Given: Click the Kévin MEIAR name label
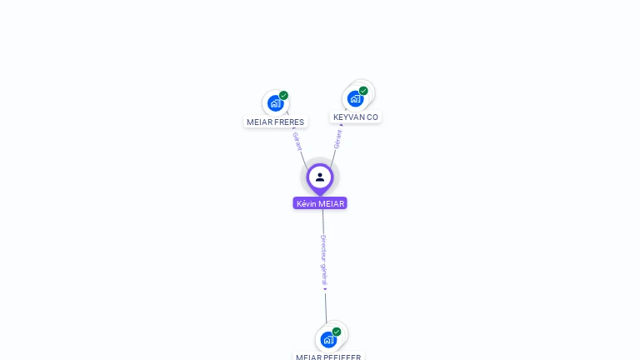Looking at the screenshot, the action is [320, 203].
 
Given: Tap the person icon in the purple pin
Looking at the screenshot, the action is [320, 177].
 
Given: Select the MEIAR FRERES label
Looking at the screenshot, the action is [275, 122].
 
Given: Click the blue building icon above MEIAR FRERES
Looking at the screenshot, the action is [274, 103].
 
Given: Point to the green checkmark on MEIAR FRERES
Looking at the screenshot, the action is [283, 96].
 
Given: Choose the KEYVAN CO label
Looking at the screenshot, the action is [356, 117].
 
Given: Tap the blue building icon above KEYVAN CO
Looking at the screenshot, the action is [355, 98].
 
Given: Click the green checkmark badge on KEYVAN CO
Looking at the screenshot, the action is [363, 91].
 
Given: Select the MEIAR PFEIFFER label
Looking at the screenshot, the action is [328, 357].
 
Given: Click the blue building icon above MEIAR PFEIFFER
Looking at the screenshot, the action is [328, 339].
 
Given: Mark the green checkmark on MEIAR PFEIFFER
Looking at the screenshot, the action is [337, 332].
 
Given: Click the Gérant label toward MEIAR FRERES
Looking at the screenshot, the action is [297, 141].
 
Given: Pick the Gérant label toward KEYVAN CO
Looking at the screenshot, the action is [337, 139].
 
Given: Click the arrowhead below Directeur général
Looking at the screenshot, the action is [325, 289].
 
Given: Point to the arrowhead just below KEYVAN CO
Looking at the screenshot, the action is [341, 125].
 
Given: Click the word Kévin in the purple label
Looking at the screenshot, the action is [307, 203].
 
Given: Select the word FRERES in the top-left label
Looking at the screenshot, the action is [288, 122].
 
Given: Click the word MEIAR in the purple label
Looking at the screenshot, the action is [331, 203].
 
